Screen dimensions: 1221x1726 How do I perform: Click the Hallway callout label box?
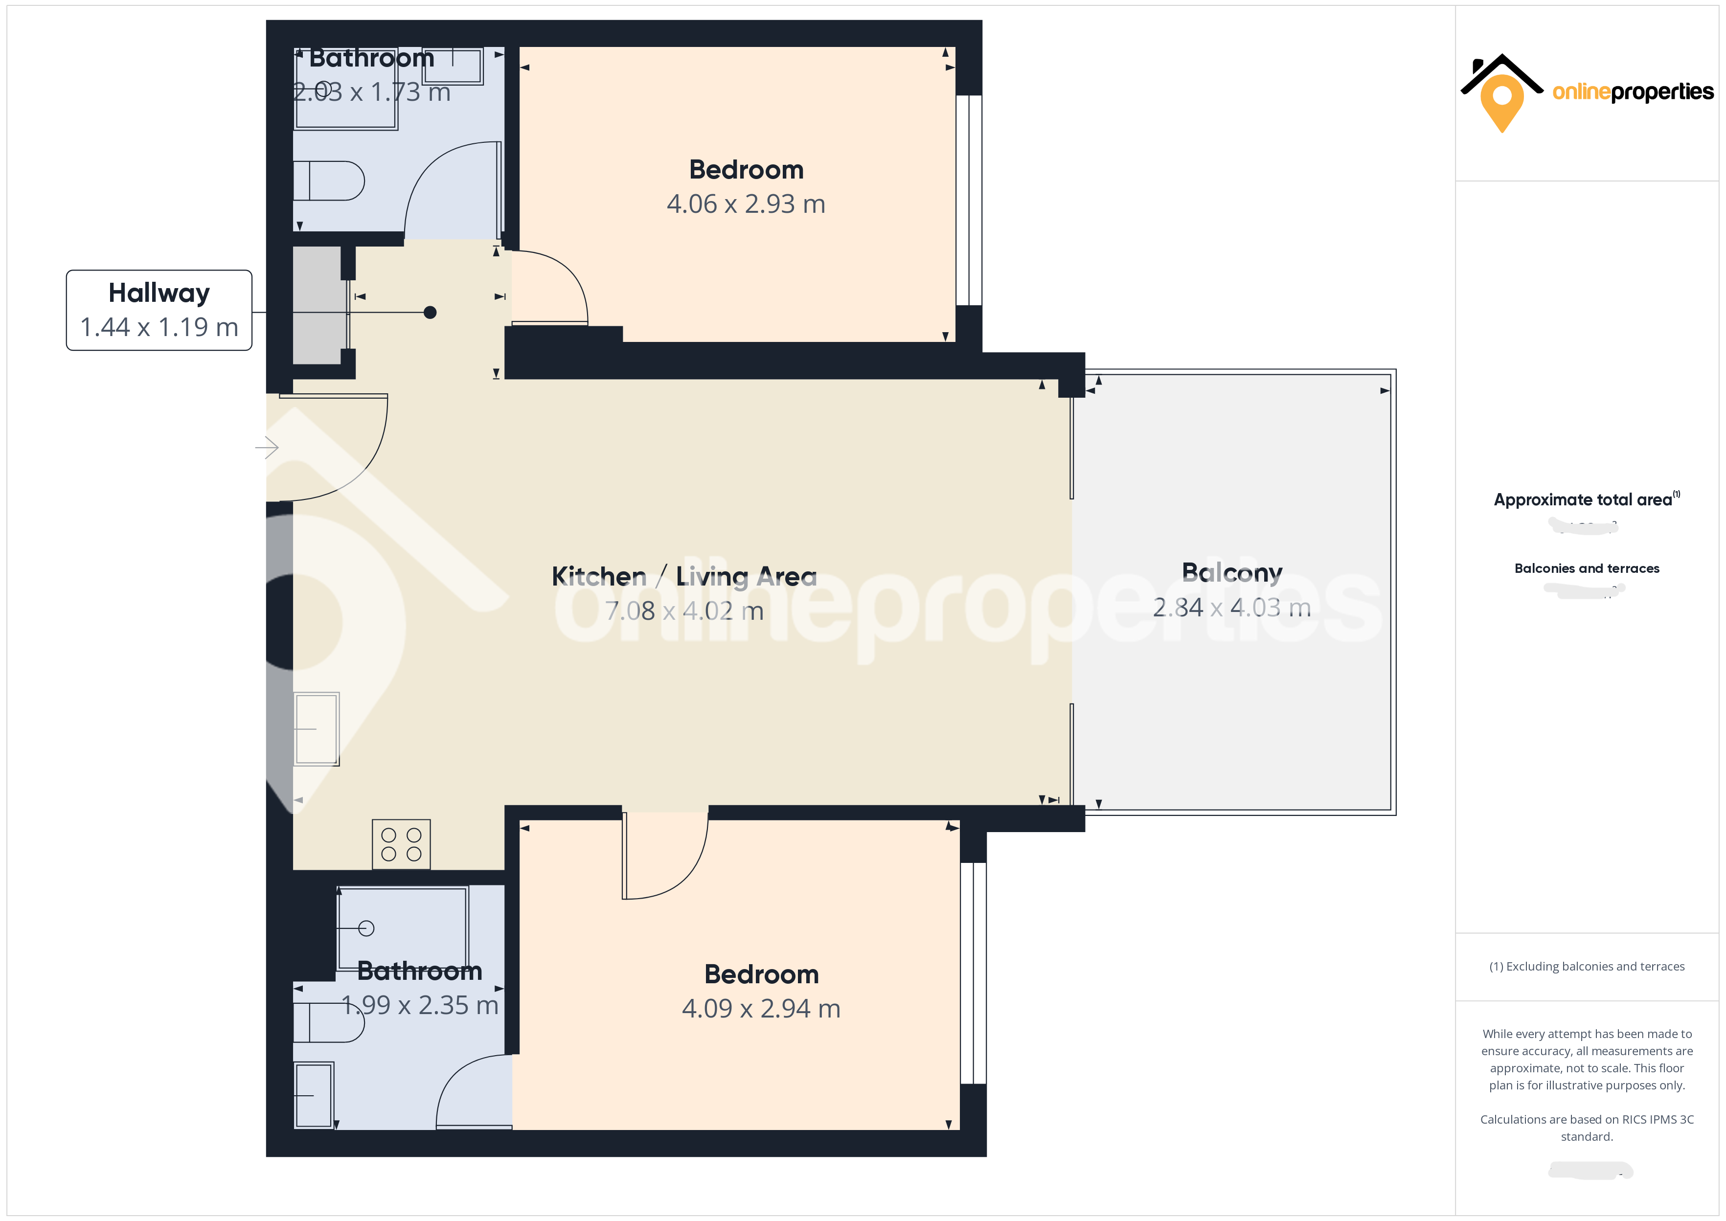(x=159, y=310)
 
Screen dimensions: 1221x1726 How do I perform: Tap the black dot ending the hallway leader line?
(x=430, y=312)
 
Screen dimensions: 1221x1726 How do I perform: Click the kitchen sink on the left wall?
(x=317, y=728)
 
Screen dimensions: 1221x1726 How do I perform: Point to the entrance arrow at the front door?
(x=267, y=448)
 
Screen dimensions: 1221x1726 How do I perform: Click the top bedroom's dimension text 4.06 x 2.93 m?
(x=746, y=204)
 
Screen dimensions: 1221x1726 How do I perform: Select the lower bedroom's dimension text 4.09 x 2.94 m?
(x=761, y=1008)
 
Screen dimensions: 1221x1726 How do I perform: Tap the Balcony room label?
(x=1231, y=573)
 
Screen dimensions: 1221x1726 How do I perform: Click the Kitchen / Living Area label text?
(x=683, y=577)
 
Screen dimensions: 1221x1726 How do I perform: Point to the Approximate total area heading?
(x=1583, y=500)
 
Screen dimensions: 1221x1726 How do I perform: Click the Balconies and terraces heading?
(x=1586, y=568)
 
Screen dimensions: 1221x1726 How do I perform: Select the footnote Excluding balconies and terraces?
(x=1586, y=966)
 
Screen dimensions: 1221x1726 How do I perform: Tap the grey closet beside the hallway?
(x=317, y=305)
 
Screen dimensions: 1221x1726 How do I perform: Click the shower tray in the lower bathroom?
(x=402, y=928)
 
